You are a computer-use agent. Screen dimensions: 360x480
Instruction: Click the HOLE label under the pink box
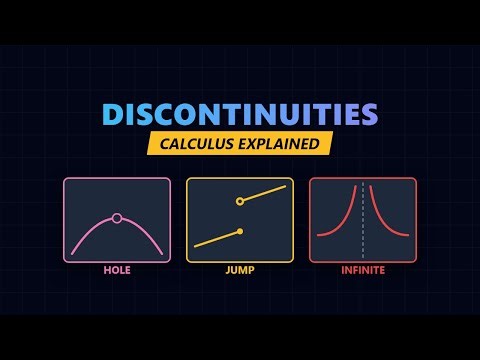tap(117, 269)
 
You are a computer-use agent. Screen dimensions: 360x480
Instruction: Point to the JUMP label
tap(240, 269)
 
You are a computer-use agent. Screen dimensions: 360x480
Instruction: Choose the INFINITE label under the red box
tap(362, 269)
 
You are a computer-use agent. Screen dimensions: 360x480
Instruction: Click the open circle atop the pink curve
tap(117, 217)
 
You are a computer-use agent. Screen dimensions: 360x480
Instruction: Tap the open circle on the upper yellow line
tap(240, 201)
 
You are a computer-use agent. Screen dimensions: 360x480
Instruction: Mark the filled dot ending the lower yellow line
tap(240, 232)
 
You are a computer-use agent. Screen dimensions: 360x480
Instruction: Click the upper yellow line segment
tap(265, 193)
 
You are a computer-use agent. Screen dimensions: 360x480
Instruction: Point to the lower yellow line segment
tap(217, 239)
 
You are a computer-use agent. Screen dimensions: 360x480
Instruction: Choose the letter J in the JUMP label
tap(228, 269)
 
